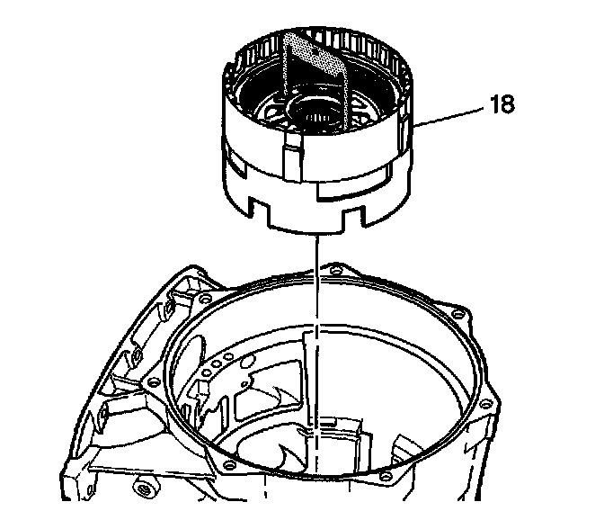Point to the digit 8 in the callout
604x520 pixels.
click(x=509, y=104)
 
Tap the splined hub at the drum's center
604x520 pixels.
click(x=314, y=115)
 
